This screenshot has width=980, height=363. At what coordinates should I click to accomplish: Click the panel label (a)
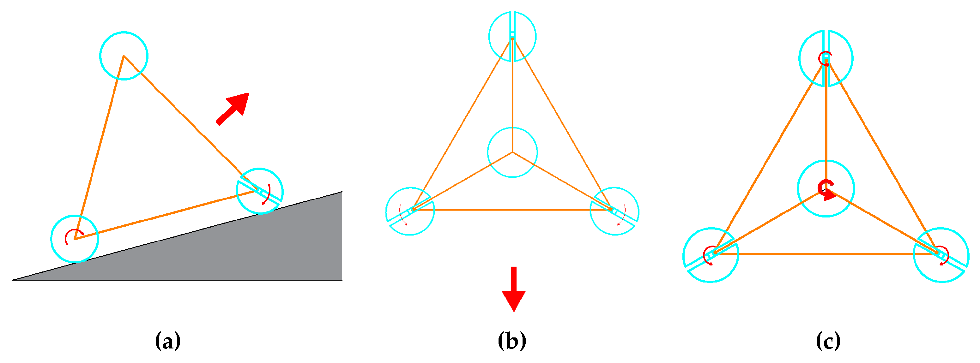(168, 341)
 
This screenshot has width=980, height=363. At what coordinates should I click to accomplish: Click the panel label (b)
(512, 341)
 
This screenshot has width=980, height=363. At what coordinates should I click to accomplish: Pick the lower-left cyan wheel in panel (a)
(75, 239)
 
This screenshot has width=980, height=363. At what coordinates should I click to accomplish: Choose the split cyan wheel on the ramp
(260, 191)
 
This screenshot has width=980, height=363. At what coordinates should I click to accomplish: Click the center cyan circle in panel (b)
(512, 152)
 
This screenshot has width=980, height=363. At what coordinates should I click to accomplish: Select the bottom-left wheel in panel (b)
(410, 211)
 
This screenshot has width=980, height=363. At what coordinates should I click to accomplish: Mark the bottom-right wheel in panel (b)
(614, 211)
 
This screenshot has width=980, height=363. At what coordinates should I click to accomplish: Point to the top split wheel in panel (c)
(826, 58)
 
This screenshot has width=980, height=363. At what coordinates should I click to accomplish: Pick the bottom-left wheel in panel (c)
(711, 255)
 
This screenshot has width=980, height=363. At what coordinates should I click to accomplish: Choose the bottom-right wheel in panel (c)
(941, 255)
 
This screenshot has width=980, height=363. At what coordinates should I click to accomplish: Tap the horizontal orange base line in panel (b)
(512, 210)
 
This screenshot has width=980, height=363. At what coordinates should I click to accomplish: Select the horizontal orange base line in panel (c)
(826, 253)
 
